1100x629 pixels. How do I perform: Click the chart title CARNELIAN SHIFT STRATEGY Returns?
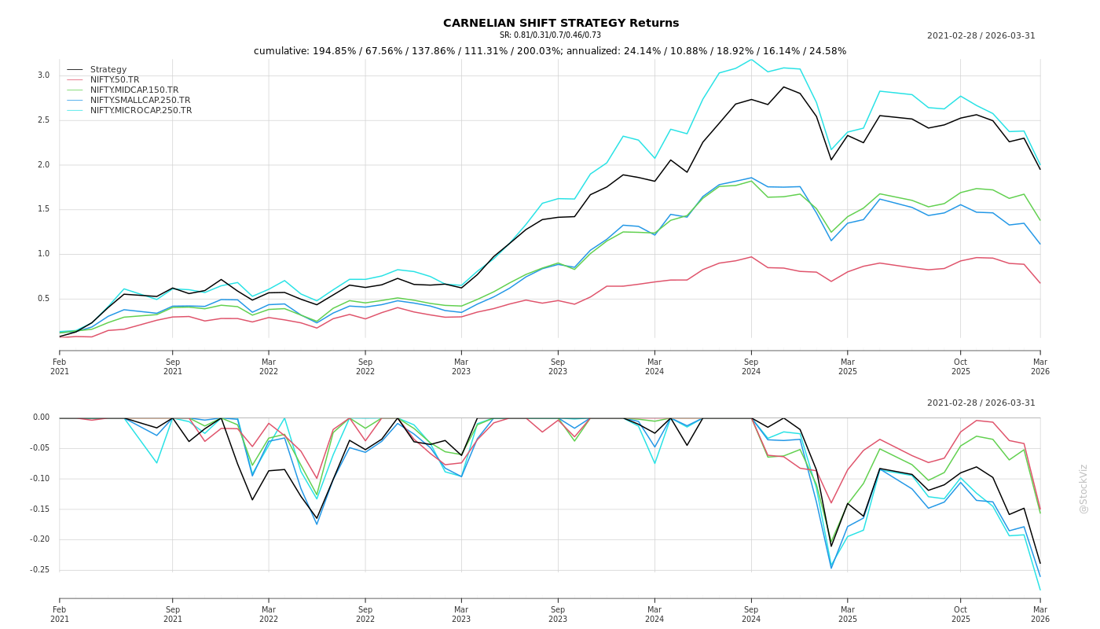point(560,24)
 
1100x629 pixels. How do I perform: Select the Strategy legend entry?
point(108,70)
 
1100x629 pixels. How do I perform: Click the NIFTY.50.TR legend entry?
point(114,80)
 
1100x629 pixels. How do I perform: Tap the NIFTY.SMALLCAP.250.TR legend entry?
point(140,101)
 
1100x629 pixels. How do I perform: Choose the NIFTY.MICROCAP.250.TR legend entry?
point(141,111)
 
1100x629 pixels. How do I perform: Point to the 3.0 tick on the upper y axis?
point(43,75)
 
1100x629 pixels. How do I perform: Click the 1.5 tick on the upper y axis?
point(43,209)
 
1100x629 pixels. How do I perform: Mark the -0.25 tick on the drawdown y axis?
point(39,570)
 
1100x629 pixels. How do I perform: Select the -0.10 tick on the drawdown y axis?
point(39,479)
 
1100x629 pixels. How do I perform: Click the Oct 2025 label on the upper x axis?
point(961,367)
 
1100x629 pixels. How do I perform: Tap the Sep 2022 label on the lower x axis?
point(365,614)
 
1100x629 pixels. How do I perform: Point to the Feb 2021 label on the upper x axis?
point(60,367)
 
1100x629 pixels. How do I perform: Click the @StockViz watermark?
point(1083,488)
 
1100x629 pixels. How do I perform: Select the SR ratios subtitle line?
point(550,35)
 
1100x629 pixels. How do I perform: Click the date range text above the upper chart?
point(981,36)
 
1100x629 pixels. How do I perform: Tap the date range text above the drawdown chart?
point(981,403)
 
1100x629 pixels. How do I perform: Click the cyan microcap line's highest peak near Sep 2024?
point(751,59)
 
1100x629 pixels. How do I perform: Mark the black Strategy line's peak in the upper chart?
point(783,87)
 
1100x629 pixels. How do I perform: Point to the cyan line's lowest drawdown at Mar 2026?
point(1039,590)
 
